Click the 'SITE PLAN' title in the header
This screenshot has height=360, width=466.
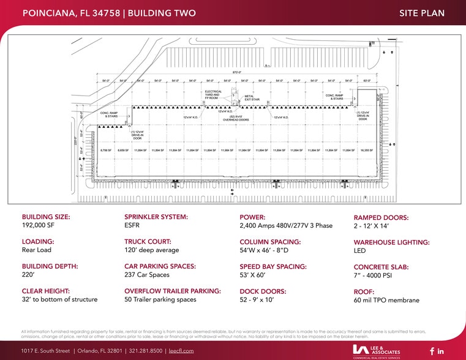click(421, 13)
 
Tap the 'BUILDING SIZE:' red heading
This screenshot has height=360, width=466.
click(46, 217)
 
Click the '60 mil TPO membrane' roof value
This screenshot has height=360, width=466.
click(386, 300)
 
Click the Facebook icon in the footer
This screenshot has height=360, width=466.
click(432, 351)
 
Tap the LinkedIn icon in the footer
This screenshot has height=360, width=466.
click(441, 351)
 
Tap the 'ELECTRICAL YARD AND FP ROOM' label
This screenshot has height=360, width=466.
click(213, 96)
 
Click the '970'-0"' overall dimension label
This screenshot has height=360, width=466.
click(228, 72)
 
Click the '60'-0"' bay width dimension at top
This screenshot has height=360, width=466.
click(367, 80)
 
